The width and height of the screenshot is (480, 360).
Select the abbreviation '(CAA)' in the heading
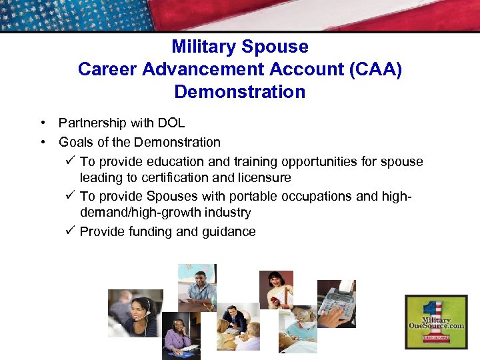(375, 69)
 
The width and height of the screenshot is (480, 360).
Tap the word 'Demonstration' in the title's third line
(239, 91)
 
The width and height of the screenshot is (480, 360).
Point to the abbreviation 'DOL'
(171, 123)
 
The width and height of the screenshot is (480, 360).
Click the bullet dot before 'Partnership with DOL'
(42, 123)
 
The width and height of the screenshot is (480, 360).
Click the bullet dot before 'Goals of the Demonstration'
(42, 142)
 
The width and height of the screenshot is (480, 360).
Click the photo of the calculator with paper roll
(336, 303)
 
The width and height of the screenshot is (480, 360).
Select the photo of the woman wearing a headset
(135, 313)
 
